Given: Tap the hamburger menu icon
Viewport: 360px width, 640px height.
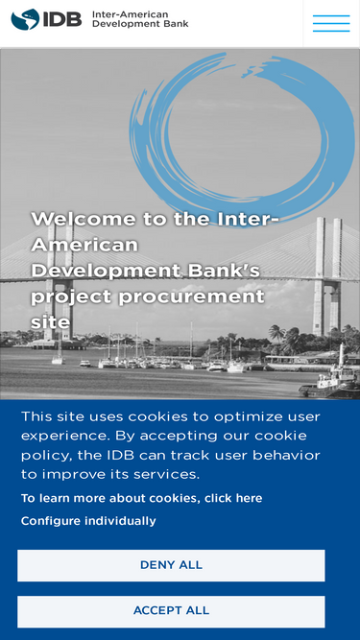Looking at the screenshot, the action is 331,23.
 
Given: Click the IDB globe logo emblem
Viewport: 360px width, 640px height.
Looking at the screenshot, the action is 25,19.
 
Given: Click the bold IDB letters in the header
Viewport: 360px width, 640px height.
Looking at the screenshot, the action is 62,19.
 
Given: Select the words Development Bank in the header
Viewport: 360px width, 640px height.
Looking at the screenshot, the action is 140,24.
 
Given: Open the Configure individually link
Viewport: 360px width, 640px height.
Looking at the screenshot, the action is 88,521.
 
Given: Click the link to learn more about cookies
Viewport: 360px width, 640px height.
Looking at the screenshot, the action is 142,498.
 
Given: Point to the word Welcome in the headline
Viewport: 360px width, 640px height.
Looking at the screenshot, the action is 84,219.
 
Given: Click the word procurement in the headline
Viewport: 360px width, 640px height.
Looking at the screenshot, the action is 192,297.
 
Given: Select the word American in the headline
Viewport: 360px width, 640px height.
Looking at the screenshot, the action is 84,245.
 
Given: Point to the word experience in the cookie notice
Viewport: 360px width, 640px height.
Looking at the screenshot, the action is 65,437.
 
